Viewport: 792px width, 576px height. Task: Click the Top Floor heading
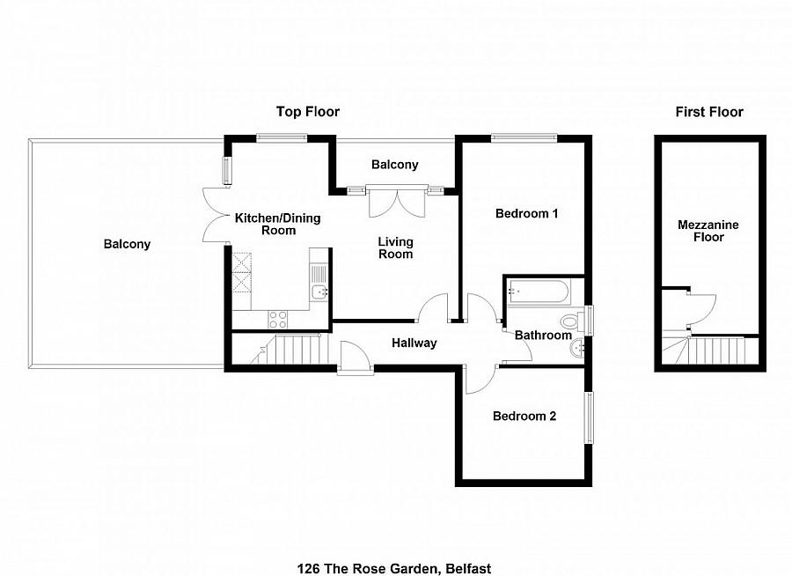point(307,112)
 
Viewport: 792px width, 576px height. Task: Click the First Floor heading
point(708,112)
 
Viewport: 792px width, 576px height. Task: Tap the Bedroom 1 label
point(527,213)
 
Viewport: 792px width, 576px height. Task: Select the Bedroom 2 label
point(524,417)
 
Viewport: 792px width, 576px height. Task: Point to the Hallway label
point(414,343)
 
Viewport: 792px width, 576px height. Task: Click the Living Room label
point(395,247)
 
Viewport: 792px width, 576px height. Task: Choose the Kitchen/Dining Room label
point(277,225)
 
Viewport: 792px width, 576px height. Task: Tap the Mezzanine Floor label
point(708,231)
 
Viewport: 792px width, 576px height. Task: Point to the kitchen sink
point(319,291)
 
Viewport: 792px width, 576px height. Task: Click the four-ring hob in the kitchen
point(279,319)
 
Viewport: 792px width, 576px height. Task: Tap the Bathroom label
point(543,336)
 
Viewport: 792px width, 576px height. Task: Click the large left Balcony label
point(127,244)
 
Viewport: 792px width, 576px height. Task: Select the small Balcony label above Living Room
point(394,165)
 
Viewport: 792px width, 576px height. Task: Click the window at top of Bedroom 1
point(524,137)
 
